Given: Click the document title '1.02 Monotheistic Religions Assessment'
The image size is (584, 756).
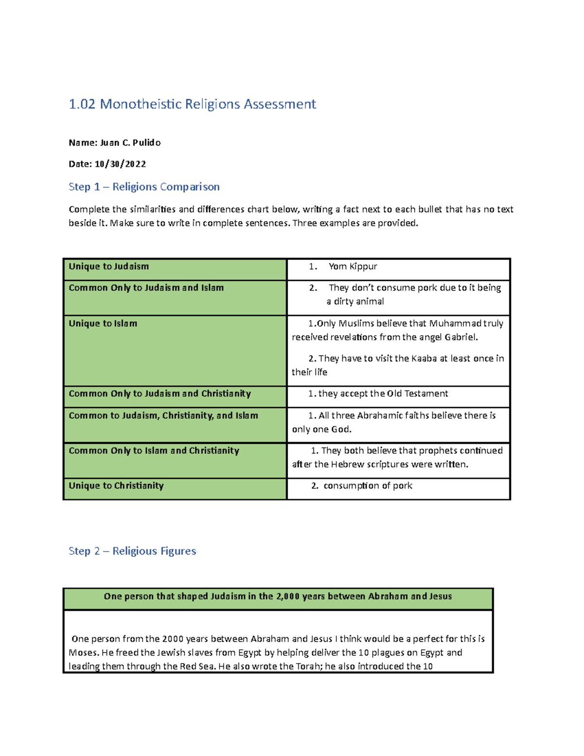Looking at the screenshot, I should [x=192, y=104].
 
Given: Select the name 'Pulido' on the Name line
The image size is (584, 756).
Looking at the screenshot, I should [x=146, y=143].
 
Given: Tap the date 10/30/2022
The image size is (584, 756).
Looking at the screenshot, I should [x=120, y=164].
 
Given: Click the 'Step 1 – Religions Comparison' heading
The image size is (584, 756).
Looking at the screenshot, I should [x=144, y=187].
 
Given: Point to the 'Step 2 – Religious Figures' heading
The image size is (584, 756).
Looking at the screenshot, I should [x=132, y=551].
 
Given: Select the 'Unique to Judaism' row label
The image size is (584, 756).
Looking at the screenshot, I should [x=109, y=266].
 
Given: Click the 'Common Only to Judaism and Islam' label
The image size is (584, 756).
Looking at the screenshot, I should [x=146, y=288].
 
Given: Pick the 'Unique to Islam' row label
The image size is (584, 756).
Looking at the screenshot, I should [x=103, y=323].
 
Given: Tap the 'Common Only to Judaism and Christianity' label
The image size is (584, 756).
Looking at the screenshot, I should [x=160, y=393].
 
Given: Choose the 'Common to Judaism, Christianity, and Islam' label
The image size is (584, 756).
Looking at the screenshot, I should [x=163, y=415].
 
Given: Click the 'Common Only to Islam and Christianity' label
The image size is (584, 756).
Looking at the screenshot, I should [x=154, y=450].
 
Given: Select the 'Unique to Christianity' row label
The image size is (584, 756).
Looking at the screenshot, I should [x=116, y=485].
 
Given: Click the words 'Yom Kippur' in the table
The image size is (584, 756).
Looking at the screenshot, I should [x=353, y=266].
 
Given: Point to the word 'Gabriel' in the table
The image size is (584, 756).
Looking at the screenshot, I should [x=460, y=337].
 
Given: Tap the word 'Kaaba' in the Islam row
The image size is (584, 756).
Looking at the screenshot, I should [x=424, y=358].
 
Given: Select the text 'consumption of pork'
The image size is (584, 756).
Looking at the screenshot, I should [x=368, y=485].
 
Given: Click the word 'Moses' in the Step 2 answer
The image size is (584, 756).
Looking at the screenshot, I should [x=83, y=652].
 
